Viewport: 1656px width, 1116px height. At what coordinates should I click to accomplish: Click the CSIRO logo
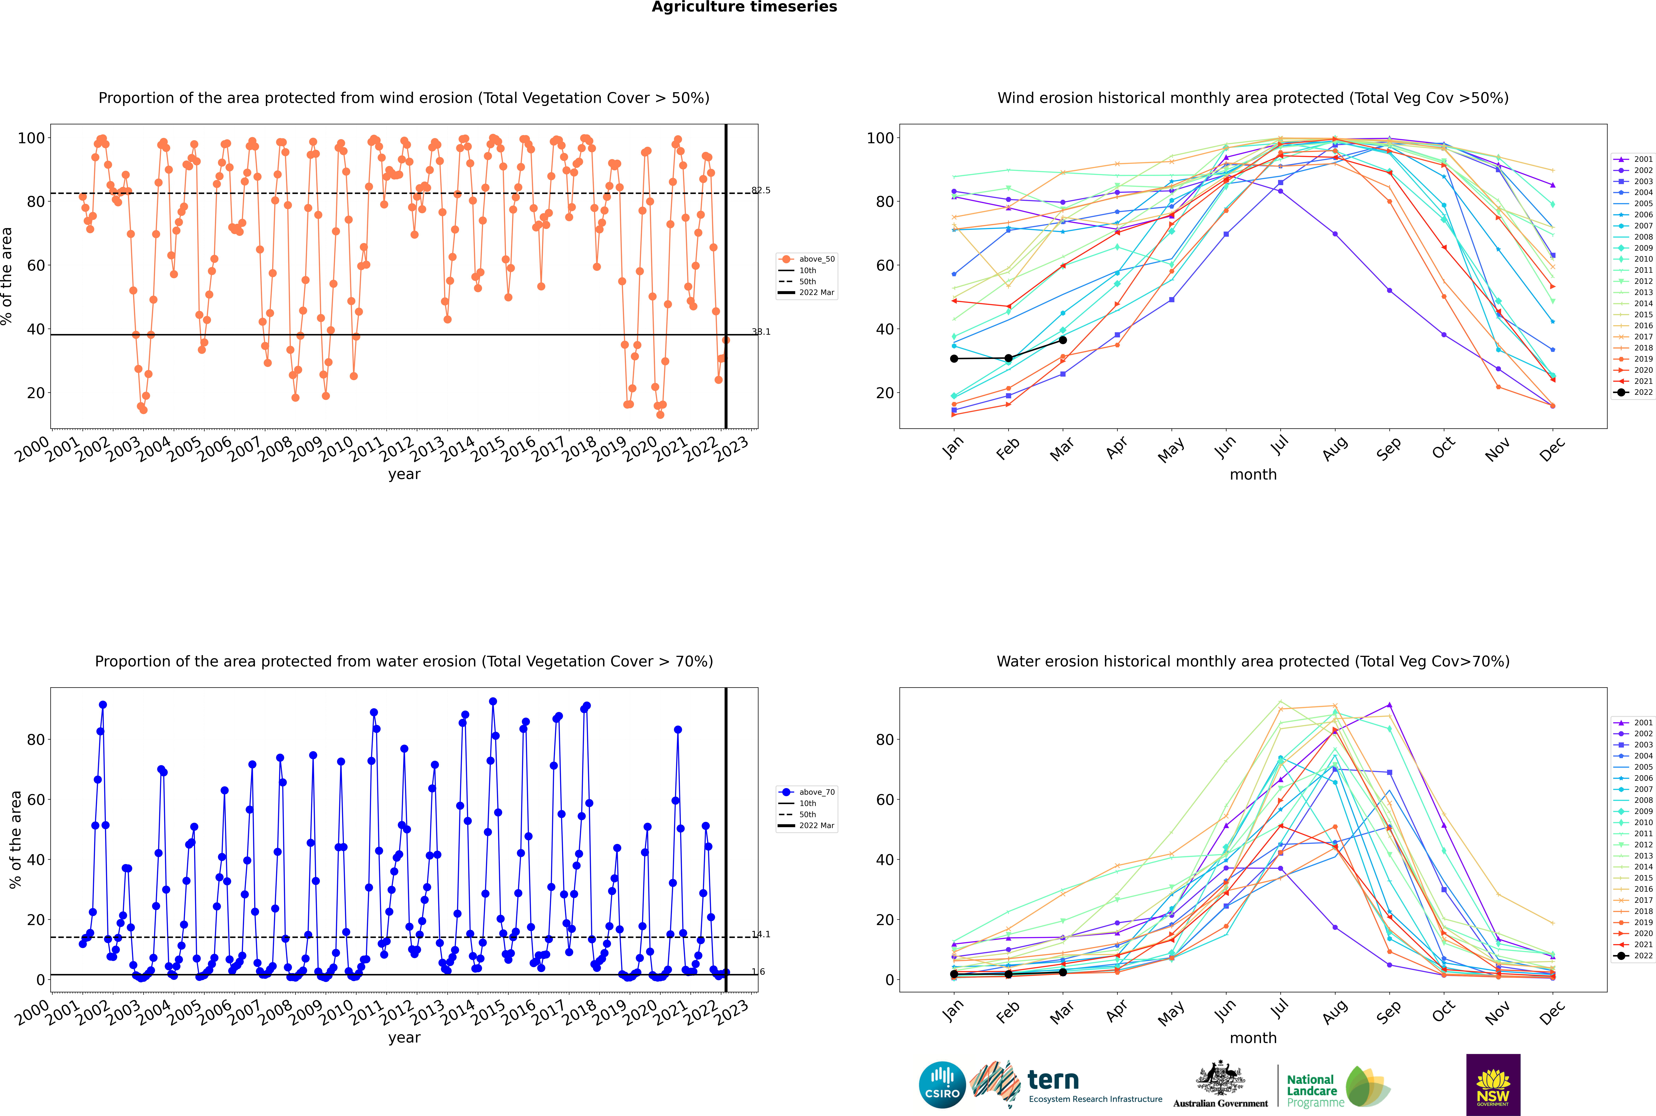(942, 1085)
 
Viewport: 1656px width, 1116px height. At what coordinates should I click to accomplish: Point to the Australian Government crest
(1220, 1078)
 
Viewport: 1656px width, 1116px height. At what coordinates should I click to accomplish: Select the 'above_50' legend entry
(807, 259)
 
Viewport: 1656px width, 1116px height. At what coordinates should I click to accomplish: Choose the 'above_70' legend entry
(807, 792)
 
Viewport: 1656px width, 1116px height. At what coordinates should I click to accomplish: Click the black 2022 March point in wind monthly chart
(1063, 340)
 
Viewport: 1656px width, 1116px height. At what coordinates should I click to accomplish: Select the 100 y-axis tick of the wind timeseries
(31, 138)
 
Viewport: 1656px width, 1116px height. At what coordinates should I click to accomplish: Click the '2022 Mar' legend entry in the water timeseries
(807, 826)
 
